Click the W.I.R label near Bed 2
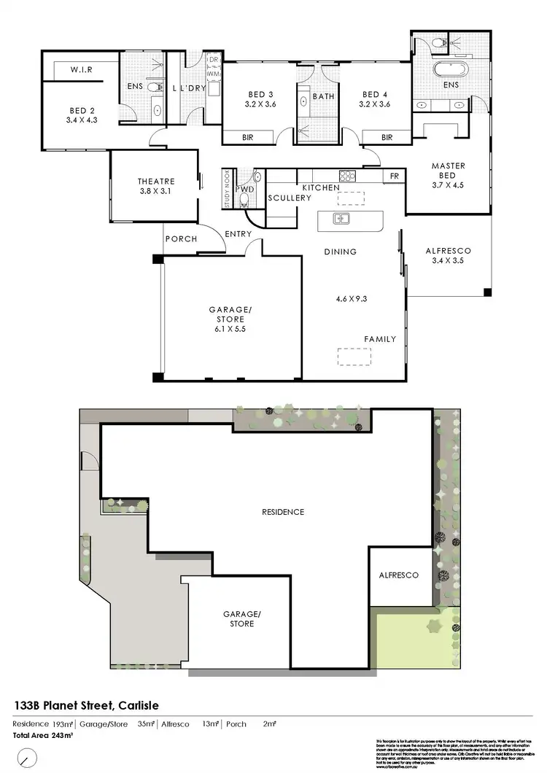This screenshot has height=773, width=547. [x=80, y=71]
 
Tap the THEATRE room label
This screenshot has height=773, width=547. [x=154, y=182]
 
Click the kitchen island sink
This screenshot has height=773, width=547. [x=341, y=218]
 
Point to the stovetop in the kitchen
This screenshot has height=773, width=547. [x=346, y=176]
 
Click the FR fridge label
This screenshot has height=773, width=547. [x=394, y=176]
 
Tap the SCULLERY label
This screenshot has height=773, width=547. [x=284, y=198]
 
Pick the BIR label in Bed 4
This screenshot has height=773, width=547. [x=387, y=137]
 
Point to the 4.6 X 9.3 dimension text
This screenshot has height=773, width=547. [x=352, y=299]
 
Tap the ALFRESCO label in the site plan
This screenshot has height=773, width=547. [x=398, y=575]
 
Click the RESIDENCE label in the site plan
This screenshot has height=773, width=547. [x=283, y=512]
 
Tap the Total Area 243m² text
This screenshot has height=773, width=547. [x=42, y=735]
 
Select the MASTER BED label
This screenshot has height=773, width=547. [x=448, y=171]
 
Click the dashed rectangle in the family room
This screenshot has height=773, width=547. [x=353, y=357]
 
